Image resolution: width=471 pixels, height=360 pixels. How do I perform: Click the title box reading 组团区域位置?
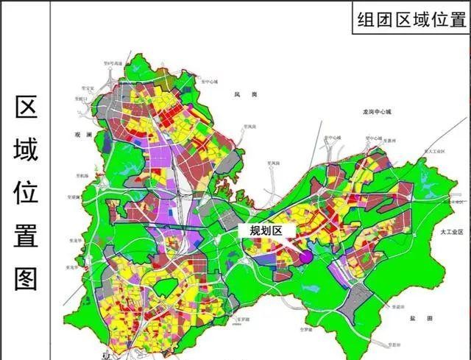[x=411, y=19]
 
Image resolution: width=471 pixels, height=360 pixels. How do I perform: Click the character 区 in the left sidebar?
[x=26, y=109]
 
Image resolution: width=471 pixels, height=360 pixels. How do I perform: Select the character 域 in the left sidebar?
[x=26, y=150]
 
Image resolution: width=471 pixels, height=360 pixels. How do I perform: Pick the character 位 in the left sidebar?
[x=26, y=193]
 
